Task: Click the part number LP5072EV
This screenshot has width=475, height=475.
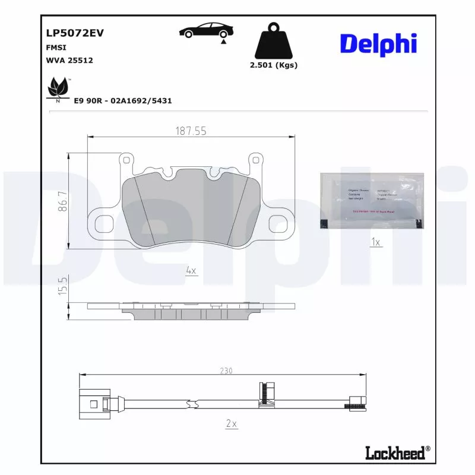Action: coord(75,33)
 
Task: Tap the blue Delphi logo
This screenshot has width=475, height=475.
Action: coord(378,44)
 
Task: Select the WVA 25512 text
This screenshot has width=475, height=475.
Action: coord(69,60)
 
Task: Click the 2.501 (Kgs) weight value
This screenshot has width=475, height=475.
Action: coord(274,65)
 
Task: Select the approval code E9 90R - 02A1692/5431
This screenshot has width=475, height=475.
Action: coord(123,101)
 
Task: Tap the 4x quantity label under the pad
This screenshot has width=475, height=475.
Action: coord(191,270)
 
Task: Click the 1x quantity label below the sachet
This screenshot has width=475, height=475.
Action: coord(375,242)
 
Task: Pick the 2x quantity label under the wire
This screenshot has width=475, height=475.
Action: coord(231,423)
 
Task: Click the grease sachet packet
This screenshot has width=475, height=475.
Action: coord(373,201)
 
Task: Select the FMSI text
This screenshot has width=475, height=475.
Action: coord(56,47)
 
